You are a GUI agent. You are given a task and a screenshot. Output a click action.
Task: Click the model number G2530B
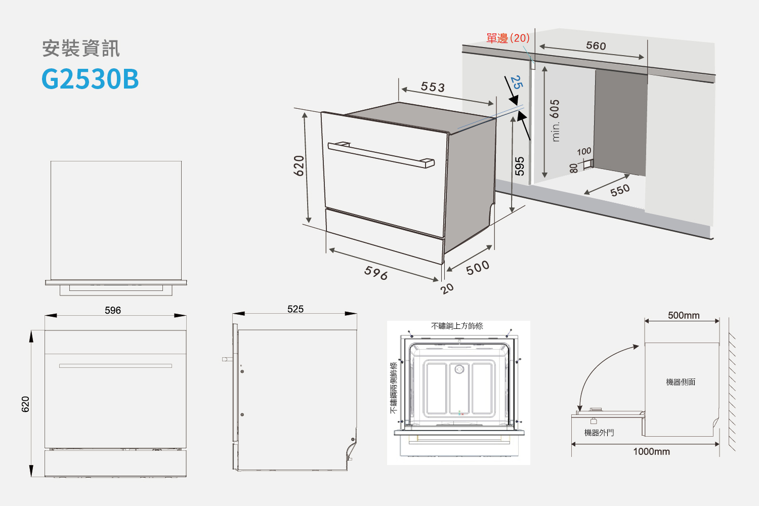click(x=90, y=79)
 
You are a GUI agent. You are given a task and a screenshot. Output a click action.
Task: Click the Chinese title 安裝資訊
click(x=81, y=48)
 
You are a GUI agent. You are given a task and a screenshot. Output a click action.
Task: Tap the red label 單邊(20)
click(x=508, y=38)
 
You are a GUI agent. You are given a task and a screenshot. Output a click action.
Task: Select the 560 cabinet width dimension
click(x=596, y=46)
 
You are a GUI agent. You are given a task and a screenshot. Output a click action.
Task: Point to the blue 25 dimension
click(x=517, y=82)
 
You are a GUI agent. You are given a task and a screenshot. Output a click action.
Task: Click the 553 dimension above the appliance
click(x=433, y=87)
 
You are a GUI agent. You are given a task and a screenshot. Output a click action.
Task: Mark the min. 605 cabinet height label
click(x=555, y=120)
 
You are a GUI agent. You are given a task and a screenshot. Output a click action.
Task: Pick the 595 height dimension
click(x=520, y=166)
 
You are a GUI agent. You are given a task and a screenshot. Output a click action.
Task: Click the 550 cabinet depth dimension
click(x=620, y=190)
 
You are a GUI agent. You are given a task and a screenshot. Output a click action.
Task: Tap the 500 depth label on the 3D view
click(x=478, y=268)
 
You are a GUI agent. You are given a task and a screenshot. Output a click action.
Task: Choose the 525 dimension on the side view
click(x=296, y=309)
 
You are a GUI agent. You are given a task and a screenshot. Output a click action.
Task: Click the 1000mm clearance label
click(x=652, y=451)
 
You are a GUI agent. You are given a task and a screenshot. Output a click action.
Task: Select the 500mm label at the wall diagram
click(x=684, y=316)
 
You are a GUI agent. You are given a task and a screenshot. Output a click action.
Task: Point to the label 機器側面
click(x=681, y=383)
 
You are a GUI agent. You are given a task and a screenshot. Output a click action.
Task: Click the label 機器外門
click(x=599, y=433)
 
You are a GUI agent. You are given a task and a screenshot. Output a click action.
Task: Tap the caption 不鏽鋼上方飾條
click(x=457, y=326)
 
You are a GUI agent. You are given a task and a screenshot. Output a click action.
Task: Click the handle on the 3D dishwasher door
click(x=381, y=155)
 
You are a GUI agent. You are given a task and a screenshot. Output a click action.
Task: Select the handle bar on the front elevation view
click(x=115, y=366)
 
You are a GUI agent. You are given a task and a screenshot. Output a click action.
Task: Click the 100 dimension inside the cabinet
click(x=584, y=151)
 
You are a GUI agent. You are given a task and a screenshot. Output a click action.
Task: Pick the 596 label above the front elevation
click(x=113, y=311)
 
